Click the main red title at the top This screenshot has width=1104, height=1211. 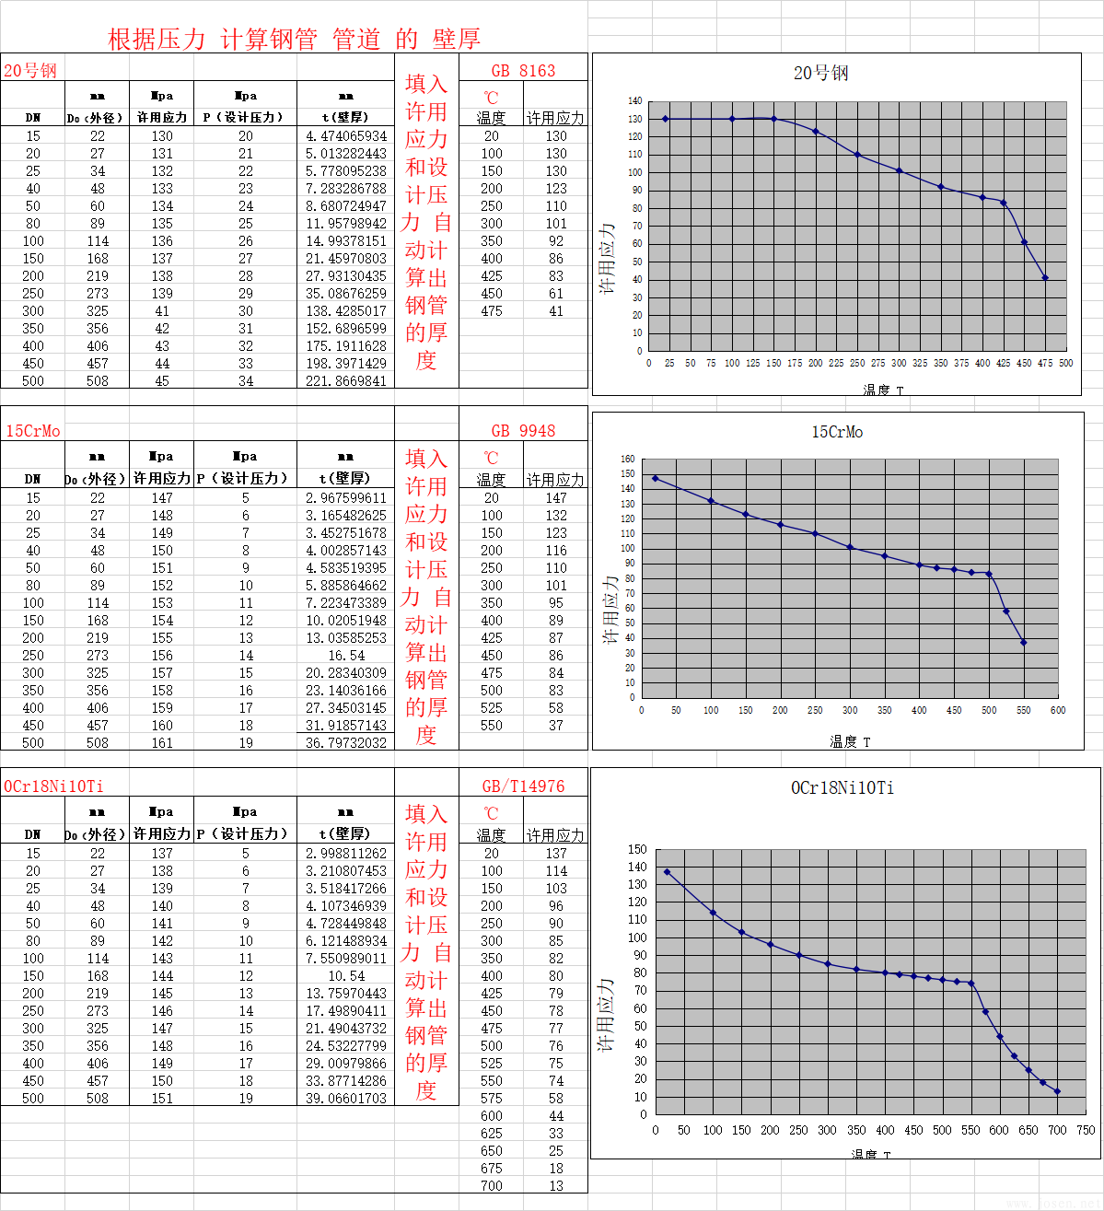294,39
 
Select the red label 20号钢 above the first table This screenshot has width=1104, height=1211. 30,71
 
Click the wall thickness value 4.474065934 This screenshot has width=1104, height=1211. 346,136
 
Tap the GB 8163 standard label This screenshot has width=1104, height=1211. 523,71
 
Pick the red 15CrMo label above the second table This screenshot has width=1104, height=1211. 33,431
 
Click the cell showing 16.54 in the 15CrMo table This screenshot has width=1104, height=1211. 346,656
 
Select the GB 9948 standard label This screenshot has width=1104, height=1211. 523,431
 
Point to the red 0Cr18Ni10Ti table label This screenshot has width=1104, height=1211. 53,786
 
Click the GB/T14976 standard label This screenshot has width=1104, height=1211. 523,786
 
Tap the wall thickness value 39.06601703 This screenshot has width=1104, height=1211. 346,1099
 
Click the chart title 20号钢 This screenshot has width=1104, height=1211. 821,73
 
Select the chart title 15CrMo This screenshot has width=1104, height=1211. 837,432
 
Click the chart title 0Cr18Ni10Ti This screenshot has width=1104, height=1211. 843,788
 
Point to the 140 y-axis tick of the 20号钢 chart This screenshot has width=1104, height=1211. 635,100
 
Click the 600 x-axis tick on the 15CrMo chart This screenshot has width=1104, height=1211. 1058,711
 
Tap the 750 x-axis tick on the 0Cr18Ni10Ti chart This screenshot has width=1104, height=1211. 1086,1130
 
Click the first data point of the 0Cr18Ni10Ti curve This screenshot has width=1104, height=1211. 668,872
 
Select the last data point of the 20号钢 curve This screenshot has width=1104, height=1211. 1045,278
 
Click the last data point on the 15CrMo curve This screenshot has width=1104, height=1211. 1024,643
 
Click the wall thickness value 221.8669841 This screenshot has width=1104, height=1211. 346,381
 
